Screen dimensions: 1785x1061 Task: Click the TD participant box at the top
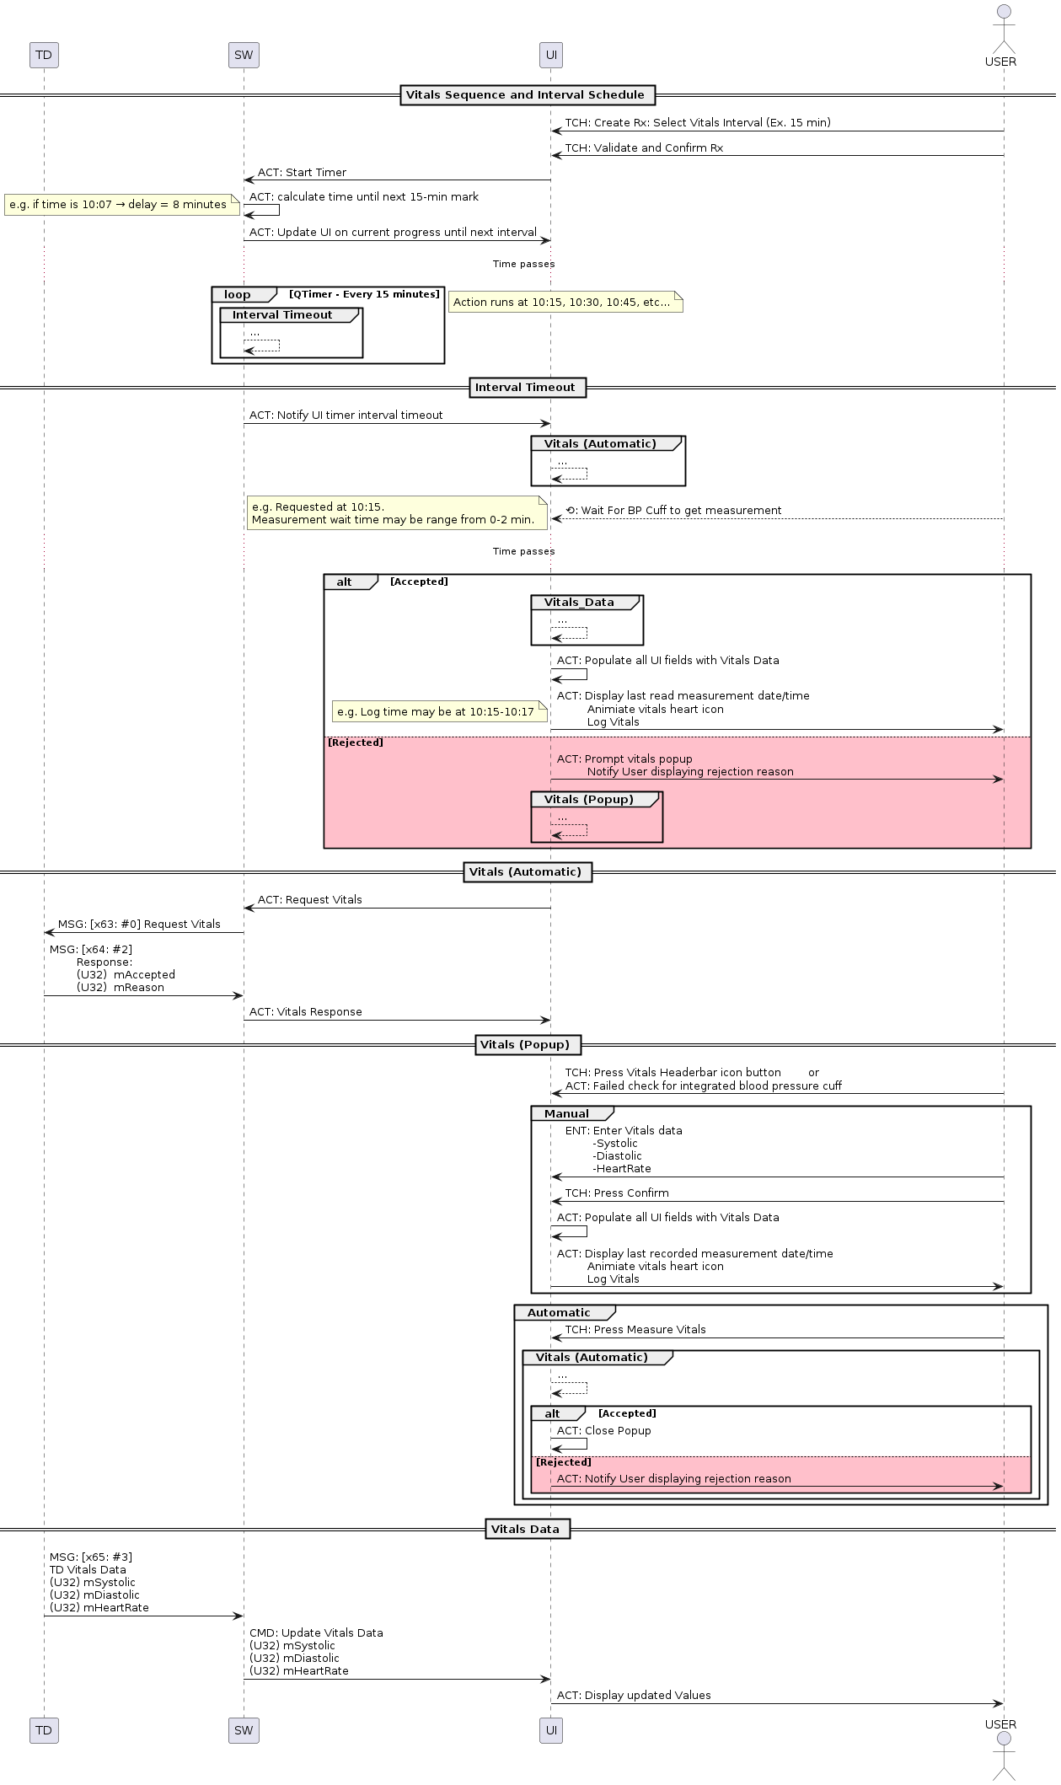[44, 55]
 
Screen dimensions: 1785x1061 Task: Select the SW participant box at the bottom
[244, 1729]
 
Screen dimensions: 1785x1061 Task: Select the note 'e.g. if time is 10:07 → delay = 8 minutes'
[119, 205]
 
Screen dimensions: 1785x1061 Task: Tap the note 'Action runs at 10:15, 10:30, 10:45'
[563, 302]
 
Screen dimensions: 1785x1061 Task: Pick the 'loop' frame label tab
[238, 295]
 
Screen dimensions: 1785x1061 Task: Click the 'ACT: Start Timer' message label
[302, 173]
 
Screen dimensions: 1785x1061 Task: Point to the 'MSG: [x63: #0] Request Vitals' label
[139, 925]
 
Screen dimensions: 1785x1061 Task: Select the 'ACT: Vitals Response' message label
[305, 1012]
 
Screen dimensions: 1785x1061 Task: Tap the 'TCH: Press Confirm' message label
[616, 1193]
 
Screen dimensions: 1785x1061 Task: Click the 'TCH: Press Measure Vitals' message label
[635, 1330]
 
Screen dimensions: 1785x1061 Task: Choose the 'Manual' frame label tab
[566, 1114]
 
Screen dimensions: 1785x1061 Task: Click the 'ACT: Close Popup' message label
[603, 1431]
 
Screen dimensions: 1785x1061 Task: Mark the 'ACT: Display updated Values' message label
[633, 1696]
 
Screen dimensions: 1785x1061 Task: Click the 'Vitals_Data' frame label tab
[579, 603]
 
